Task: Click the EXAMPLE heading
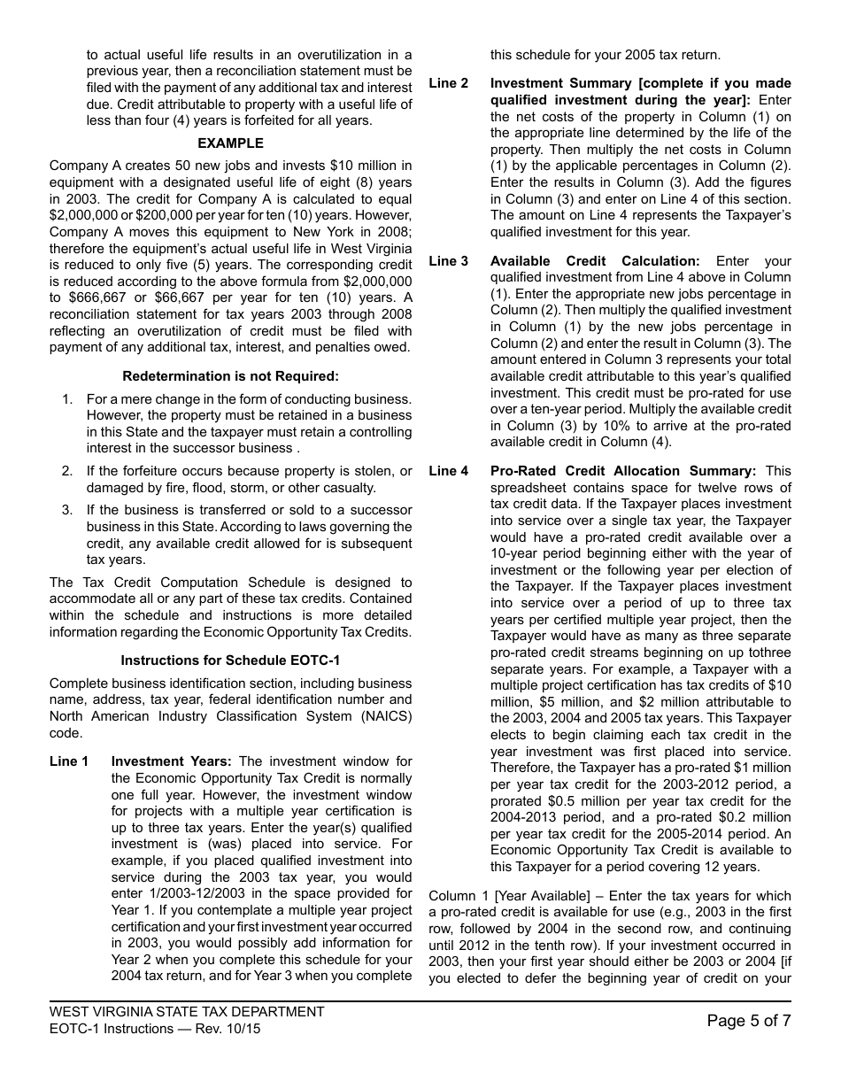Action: pos(230,143)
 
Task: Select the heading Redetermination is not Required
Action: pos(230,376)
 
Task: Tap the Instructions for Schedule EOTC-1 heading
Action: pos(230,660)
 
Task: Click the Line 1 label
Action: pos(69,761)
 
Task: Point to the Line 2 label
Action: pos(449,83)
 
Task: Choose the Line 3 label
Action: pos(449,261)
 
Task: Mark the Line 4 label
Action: pos(449,471)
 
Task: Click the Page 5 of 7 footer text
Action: pos(749,1021)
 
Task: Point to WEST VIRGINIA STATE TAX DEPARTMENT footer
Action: pos(187,1012)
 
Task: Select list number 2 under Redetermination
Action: pos(67,471)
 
